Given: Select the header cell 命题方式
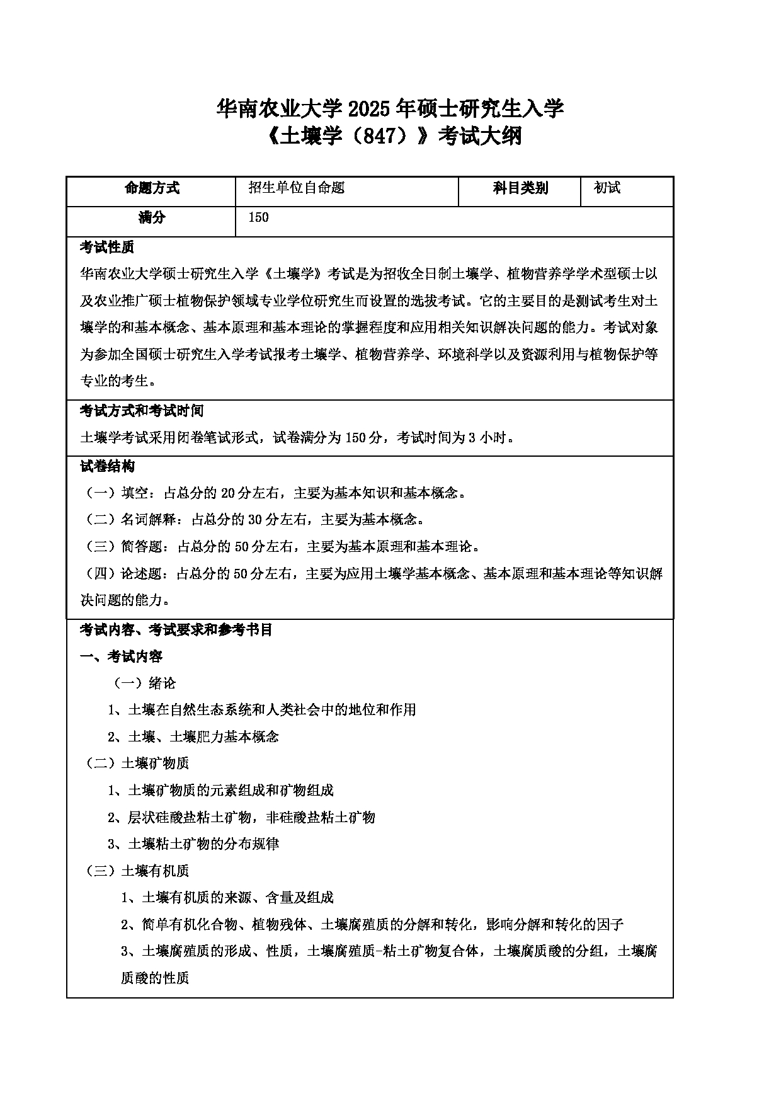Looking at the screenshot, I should [152, 188].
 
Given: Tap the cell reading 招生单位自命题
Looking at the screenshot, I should [297, 188].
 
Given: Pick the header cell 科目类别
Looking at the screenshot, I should [520, 188].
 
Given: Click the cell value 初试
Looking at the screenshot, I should [607, 188].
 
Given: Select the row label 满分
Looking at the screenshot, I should [152, 218].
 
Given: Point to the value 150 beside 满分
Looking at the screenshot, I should [258, 218].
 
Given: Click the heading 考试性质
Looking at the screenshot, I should [107, 247].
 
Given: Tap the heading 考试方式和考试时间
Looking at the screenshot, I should [142, 411].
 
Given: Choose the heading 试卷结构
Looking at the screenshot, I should [107, 467].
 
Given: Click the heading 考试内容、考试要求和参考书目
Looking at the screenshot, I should [176, 630].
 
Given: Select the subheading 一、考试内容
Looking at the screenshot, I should [122, 656].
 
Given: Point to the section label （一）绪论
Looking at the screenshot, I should [144, 684].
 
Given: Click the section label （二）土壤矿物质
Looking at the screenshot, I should [137, 764].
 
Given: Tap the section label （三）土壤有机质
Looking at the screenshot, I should [137, 871].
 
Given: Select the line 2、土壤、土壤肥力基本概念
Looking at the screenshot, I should [193, 736].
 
